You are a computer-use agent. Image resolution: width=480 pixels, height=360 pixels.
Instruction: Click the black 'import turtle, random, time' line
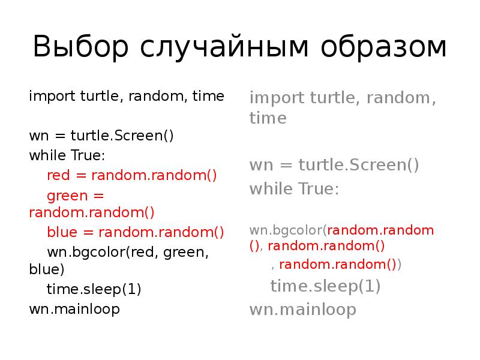[127, 97]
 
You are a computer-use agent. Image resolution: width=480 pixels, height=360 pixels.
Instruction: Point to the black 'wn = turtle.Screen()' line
[101, 136]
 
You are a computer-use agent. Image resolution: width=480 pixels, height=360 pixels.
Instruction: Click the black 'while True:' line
[67, 155]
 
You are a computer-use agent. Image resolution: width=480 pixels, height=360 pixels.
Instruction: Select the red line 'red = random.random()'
[131, 175]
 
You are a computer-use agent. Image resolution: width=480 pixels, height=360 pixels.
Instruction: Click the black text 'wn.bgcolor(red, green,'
[128, 251]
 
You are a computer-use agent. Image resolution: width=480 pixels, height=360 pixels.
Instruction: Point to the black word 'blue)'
[46, 271]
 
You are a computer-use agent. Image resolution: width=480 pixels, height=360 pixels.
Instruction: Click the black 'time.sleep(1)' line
[94, 290]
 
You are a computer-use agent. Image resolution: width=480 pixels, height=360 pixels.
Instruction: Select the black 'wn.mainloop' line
[74, 309]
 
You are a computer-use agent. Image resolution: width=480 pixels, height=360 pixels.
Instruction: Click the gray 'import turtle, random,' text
[343, 98]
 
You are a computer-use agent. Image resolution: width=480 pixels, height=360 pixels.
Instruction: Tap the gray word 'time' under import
[268, 118]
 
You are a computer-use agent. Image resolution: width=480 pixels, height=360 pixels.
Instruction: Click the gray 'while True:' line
[294, 190]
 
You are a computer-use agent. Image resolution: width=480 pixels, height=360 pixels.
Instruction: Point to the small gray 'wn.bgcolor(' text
[288, 230]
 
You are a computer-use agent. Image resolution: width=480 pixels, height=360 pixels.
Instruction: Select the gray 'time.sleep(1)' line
[325, 286]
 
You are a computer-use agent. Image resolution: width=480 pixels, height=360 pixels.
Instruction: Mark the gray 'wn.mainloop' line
[303, 310]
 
